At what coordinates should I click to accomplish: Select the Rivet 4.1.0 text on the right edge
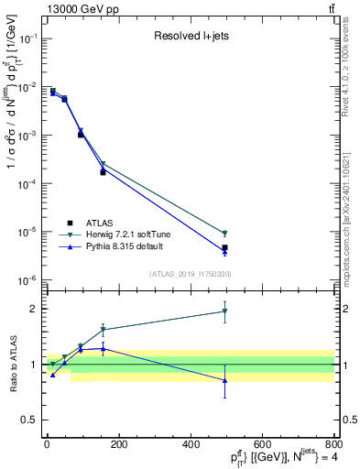(x=348, y=69)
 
